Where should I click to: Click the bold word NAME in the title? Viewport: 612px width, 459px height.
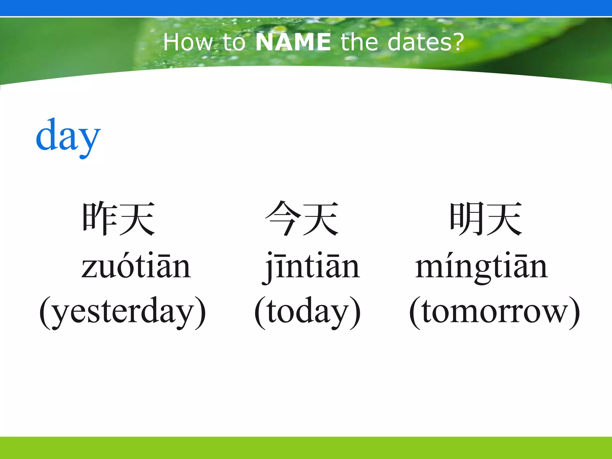pos(293,42)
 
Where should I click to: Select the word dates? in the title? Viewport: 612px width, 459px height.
pos(426,42)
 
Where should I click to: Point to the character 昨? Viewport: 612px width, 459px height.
pos(100,218)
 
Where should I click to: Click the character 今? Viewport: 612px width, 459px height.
pos(283,218)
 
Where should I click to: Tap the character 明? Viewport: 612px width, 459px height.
pos(467,218)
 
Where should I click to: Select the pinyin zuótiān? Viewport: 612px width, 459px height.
pos(136,266)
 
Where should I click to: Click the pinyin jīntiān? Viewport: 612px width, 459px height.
pos(311,266)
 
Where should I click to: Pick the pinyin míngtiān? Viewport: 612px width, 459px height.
pos(481,266)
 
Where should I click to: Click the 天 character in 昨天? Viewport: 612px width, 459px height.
pos(137,218)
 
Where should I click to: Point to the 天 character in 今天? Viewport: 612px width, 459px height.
pos(320,218)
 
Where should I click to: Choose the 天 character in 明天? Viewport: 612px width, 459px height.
pos(504,218)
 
